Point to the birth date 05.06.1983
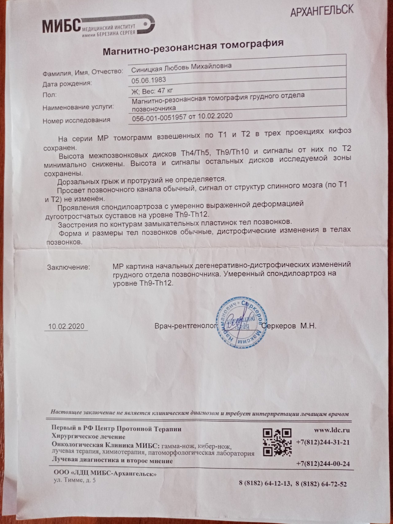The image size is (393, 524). [x=149, y=80]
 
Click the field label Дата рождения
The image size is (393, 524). [x=67, y=83]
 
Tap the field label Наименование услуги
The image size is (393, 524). [x=78, y=107]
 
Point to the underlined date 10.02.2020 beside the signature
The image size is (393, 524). [x=66, y=326]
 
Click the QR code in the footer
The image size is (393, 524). [x=277, y=442]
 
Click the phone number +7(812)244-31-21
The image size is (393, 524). [x=323, y=442]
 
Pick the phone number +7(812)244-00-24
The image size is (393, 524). [x=323, y=464]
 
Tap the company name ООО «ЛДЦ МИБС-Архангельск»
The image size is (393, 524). [x=105, y=474]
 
